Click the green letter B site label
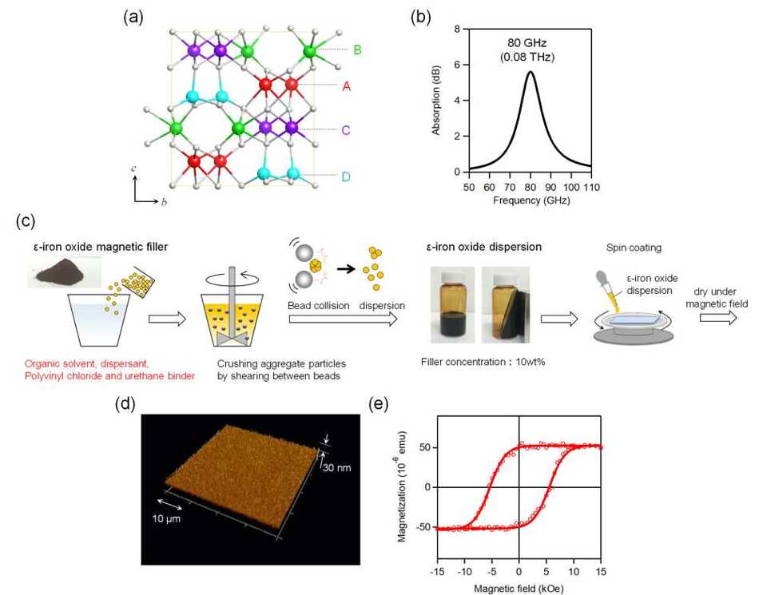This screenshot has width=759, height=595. tap(357, 50)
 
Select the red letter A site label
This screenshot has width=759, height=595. tap(347, 86)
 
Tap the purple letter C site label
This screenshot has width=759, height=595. tap(346, 130)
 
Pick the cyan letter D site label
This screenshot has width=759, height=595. tap(346, 177)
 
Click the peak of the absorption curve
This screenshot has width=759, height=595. tap(531, 72)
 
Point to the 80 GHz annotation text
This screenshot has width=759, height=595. tap(527, 43)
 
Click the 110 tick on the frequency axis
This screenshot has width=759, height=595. tap(591, 187)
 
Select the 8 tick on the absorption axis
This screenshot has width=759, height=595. tap(458, 29)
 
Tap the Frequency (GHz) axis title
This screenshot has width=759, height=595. tap(531, 200)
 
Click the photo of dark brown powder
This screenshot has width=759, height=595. tap(65, 272)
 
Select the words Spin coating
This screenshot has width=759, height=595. tap(634, 248)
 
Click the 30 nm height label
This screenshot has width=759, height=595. tap(337, 468)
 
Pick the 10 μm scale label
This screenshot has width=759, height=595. tap(166, 518)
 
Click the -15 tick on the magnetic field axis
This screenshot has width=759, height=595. tap(438, 572)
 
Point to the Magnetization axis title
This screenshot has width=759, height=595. tap(402, 486)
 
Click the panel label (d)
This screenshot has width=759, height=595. tap(125, 404)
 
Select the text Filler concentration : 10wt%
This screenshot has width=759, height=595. tap(483, 362)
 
